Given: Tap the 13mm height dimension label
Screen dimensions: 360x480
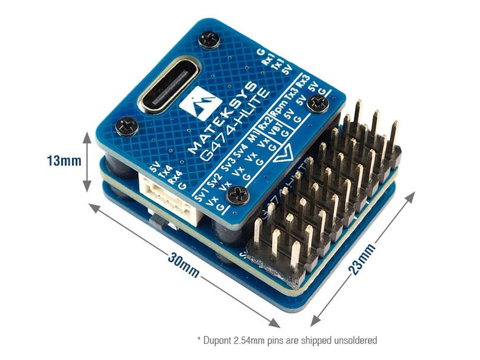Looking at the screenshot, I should tap(64, 160).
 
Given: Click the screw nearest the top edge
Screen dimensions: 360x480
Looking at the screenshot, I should tap(209, 39).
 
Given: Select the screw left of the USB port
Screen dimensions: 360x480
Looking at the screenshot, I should tap(127, 126).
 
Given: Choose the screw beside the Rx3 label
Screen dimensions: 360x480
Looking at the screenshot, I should tap(318, 103).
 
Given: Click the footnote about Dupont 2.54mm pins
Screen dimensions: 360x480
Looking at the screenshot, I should tap(287, 340).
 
